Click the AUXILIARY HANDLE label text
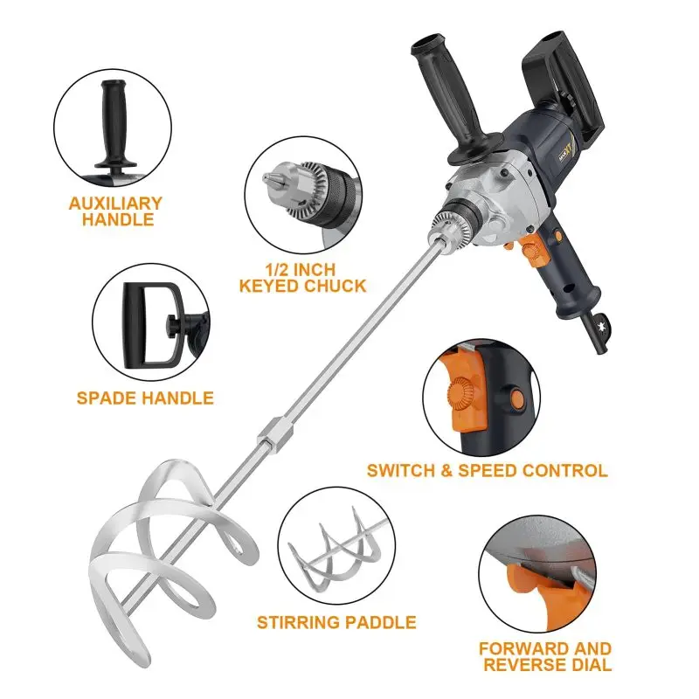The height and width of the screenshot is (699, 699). [x=116, y=211]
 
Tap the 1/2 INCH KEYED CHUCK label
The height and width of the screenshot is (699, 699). [x=301, y=277]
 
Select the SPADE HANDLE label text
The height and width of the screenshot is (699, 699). [x=145, y=398]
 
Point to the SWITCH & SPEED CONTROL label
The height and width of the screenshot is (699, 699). [x=487, y=470]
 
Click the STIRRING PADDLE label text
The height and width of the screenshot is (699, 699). [x=336, y=623]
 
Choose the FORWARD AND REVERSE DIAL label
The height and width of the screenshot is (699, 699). [x=545, y=657]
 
